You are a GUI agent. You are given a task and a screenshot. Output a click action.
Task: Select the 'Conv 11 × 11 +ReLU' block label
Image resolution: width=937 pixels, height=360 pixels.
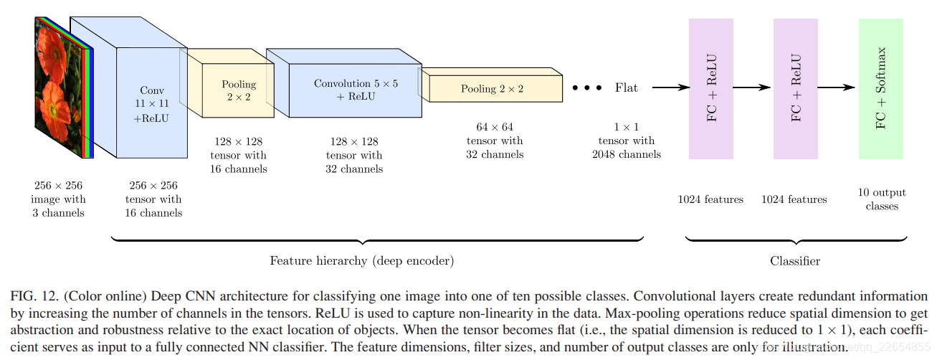tap(151, 105)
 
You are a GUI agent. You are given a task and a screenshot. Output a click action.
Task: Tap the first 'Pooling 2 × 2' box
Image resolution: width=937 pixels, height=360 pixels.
tap(238, 90)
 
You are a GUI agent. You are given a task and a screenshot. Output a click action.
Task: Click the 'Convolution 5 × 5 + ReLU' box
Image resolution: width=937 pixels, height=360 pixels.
tap(355, 90)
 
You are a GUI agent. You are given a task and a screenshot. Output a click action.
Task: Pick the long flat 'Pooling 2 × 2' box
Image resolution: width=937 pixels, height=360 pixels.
tap(492, 89)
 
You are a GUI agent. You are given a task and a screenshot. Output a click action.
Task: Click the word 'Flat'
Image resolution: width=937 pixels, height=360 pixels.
tap(626, 88)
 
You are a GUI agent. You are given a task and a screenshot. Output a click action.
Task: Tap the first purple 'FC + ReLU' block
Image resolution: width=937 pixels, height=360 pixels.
tap(710, 89)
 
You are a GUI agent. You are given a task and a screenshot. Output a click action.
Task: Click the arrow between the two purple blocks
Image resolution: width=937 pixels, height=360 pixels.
tap(753, 88)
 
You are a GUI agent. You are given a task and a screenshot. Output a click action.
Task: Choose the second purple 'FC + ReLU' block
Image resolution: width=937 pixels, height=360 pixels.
tap(796, 89)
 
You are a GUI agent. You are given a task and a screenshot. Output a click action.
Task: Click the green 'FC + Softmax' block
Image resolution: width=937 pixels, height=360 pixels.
tap(880, 89)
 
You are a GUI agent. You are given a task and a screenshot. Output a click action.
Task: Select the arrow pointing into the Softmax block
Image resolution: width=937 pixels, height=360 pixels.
tap(837, 88)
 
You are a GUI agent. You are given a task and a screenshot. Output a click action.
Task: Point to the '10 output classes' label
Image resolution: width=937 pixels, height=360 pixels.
tap(882, 199)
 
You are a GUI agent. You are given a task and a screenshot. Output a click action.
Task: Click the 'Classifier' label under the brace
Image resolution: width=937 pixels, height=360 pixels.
tap(794, 261)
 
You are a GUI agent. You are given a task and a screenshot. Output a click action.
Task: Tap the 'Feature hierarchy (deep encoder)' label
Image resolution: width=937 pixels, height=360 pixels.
tap(361, 261)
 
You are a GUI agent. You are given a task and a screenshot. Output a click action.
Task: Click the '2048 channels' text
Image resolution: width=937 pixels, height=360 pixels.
tap(626, 154)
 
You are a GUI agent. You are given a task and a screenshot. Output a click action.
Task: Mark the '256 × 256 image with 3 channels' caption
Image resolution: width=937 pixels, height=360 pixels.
tap(58, 199)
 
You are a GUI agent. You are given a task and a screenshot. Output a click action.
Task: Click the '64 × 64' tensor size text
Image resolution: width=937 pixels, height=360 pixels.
tap(494, 128)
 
